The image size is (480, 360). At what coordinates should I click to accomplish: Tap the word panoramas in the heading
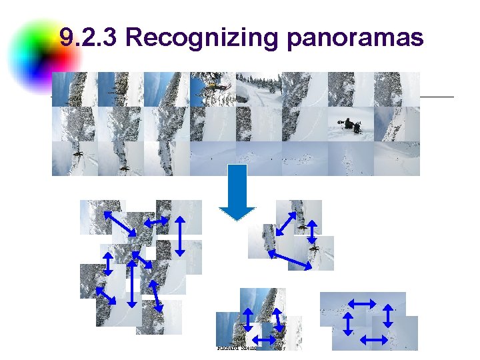pos(355,38)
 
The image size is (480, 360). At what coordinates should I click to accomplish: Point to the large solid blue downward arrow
pos(237,193)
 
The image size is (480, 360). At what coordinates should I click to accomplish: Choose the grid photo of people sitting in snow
pos(351,124)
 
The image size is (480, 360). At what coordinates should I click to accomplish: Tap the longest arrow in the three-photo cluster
pos(290,260)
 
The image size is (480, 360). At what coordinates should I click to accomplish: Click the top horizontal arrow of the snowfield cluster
pos(362,303)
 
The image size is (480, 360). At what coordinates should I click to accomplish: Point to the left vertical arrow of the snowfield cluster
pos(347,323)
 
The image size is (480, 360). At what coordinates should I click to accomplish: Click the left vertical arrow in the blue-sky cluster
pos(247,320)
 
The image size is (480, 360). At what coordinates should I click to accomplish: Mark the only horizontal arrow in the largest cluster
pos(156,221)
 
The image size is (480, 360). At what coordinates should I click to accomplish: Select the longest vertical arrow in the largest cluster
pos(133,283)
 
